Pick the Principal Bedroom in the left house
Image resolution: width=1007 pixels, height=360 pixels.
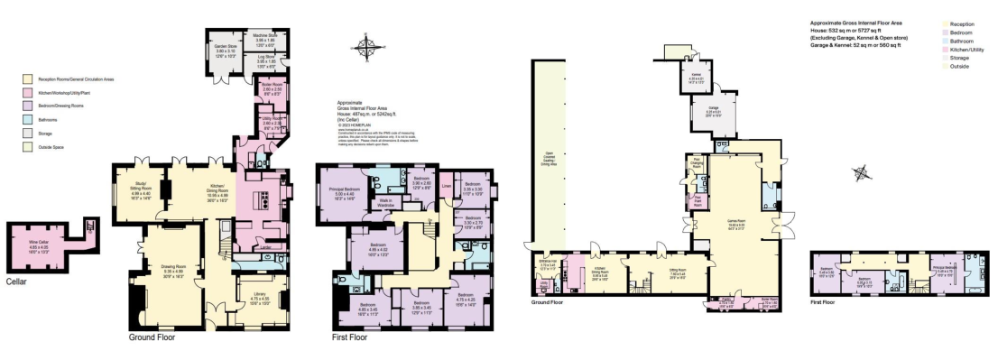338,192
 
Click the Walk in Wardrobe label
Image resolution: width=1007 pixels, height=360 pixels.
386,205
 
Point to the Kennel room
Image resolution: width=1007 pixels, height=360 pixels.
696,79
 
